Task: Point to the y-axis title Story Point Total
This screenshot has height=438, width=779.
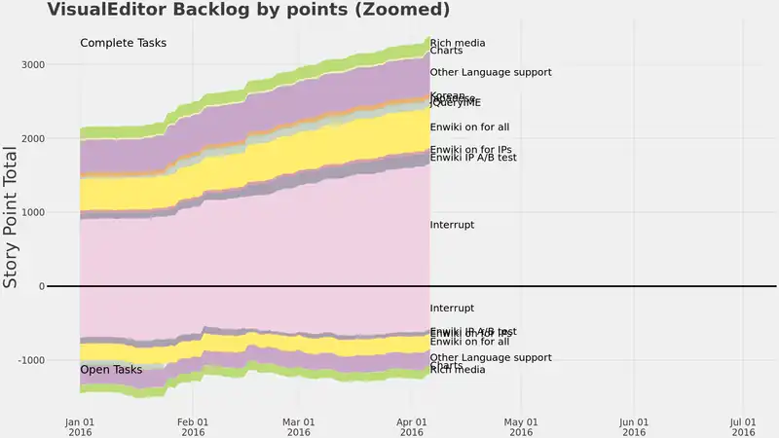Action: pos(12,216)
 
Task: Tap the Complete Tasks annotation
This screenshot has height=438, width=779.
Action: pos(123,43)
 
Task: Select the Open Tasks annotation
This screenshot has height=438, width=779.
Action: pos(111,370)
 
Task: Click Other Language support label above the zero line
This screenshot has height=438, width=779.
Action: pos(491,72)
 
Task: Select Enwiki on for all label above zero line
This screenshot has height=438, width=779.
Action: pos(469,127)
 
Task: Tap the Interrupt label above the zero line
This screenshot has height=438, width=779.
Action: pos(452,225)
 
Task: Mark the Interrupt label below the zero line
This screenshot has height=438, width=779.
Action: pos(452,308)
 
